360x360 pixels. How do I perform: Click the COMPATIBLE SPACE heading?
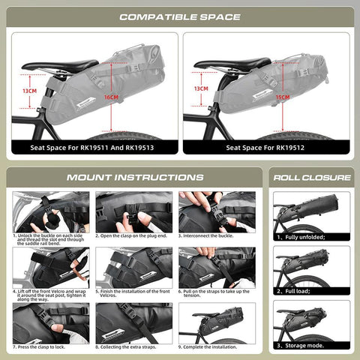point(180,16)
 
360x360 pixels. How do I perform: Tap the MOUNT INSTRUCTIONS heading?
point(135,178)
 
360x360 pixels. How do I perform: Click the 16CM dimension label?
point(111,97)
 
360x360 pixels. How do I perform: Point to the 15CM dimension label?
point(283,97)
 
